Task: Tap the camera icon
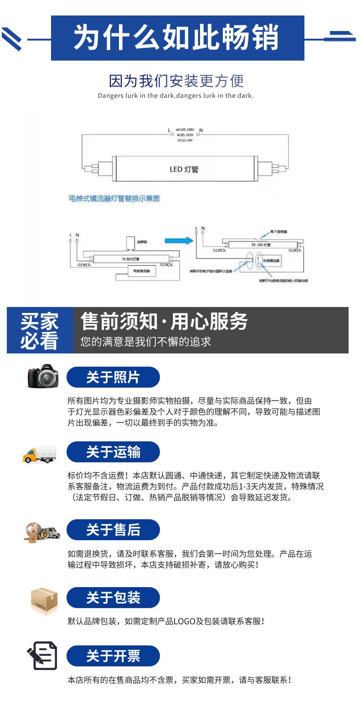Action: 43,376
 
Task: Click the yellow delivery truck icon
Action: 40,453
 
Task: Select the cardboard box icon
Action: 44,600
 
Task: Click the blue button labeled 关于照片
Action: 113,378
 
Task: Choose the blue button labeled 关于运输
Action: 113,452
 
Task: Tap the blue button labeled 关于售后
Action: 113,530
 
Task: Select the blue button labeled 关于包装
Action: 113,598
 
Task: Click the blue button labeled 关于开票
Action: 113,656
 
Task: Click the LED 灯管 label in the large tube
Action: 184,169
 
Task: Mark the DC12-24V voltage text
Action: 185,140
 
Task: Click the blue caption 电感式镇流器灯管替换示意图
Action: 114,199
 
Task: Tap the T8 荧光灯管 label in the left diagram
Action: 130,259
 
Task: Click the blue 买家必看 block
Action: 40,330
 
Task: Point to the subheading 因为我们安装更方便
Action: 176,81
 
